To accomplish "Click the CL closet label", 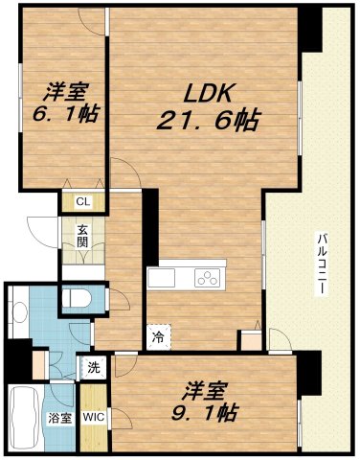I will point(83,201).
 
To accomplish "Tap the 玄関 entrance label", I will point(83,236).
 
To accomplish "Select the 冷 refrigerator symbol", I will point(156,337).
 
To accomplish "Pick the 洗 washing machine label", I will point(95,367).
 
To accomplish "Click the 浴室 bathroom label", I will point(57,417).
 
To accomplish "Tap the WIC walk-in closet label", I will point(94,417).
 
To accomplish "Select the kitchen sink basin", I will point(161,279).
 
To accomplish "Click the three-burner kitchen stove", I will point(209,278).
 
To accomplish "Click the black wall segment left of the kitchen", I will point(149,225).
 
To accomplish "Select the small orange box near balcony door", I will point(250,338).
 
